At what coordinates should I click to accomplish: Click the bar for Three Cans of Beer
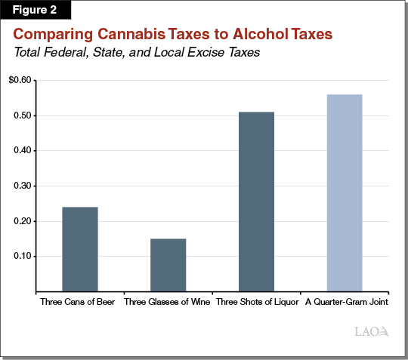tap(79, 249)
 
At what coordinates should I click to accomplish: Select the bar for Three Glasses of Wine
tap(168, 265)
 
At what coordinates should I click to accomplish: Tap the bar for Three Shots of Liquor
tap(256, 202)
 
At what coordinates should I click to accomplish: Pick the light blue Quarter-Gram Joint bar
tap(345, 192)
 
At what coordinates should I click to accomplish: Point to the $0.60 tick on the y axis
tap(21, 81)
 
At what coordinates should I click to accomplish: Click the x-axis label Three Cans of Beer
tap(79, 301)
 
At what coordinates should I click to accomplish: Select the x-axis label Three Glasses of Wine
tap(168, 301)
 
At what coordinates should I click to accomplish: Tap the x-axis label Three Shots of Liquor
tap(256, 301)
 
